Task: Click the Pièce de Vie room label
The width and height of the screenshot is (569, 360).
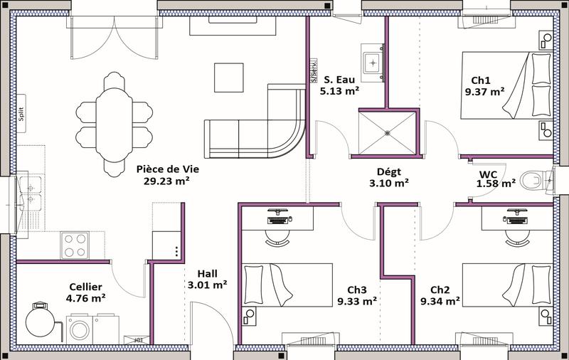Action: click(167, 169)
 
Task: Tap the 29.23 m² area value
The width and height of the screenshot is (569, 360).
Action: click(167, 181)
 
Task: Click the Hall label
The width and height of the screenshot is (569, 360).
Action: click(208, 273)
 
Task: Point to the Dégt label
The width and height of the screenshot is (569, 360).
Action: click(389, 171)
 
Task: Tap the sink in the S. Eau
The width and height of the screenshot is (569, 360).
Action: click(373, 62)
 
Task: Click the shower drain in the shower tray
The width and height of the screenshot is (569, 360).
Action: click(387, 132)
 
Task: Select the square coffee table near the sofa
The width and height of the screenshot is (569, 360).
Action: click(229, 77)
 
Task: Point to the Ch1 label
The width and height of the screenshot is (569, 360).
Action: click(481, 80)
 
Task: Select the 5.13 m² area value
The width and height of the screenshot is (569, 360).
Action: click(339, 91)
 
